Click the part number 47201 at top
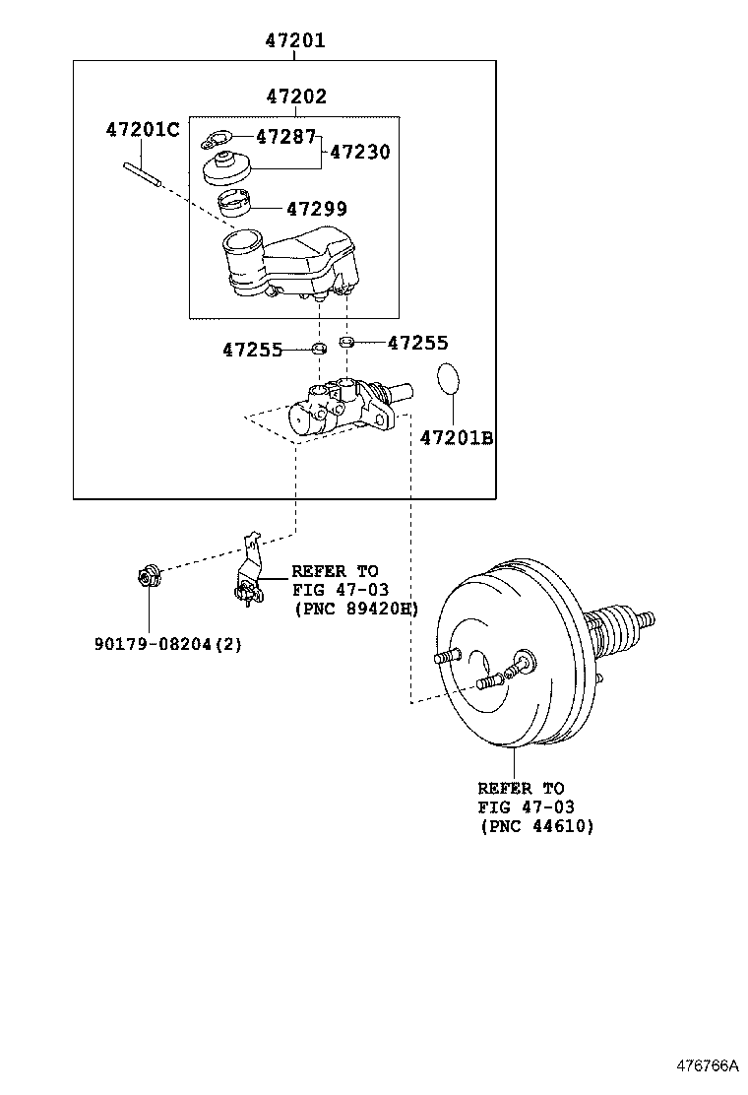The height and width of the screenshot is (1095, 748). coord(294,41)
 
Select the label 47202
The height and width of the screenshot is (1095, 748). coord(295,97)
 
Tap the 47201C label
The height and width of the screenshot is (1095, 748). coord(143,129)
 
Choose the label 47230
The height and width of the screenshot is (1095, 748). coord(359,152)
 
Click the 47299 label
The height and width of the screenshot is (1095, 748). coord(316,209)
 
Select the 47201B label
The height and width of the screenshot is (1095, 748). coord(457,437)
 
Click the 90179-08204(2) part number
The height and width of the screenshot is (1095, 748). coord(168,644)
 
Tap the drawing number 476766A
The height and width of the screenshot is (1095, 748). coord(706,1065)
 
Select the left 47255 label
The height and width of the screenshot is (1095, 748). coord(252,349)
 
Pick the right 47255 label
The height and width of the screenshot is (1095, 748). coord(417,343)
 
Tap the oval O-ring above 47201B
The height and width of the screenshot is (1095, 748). coord(448,377)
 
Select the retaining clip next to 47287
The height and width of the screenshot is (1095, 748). coord(218,139)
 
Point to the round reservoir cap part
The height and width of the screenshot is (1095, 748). coord(227,168)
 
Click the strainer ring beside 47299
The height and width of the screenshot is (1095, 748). coord(235,205)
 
